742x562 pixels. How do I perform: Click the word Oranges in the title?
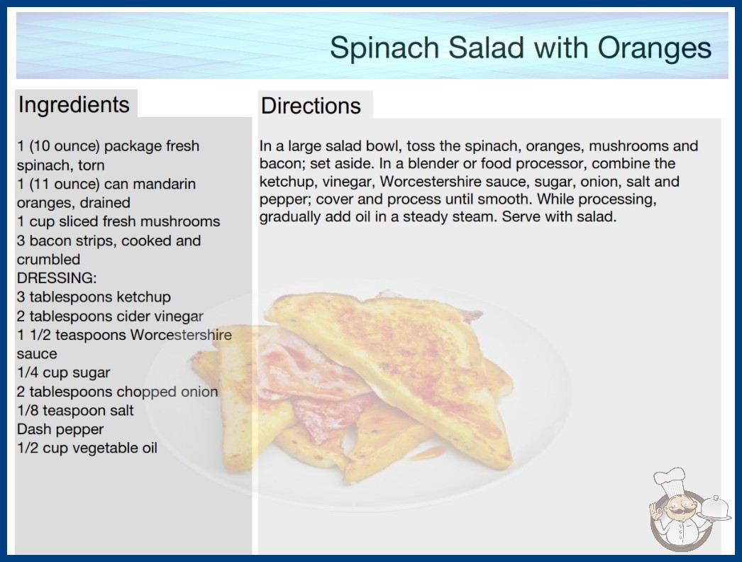click(x=655, y=48)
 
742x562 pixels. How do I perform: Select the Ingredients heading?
click(x=74, y=104)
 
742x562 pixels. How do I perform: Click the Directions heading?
click(x=311, y=106)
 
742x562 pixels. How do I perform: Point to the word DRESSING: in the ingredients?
click(x=57, y=278)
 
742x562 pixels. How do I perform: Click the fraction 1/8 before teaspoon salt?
click(x=28, y=410)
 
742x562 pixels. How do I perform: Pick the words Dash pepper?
click(x=60, y=429)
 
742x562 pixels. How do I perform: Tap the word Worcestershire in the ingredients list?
click(x=181, y=335)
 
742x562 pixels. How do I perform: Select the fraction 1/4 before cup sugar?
click(x=28, y=373)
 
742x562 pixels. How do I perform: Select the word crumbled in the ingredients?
click(x=48, y=260)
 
